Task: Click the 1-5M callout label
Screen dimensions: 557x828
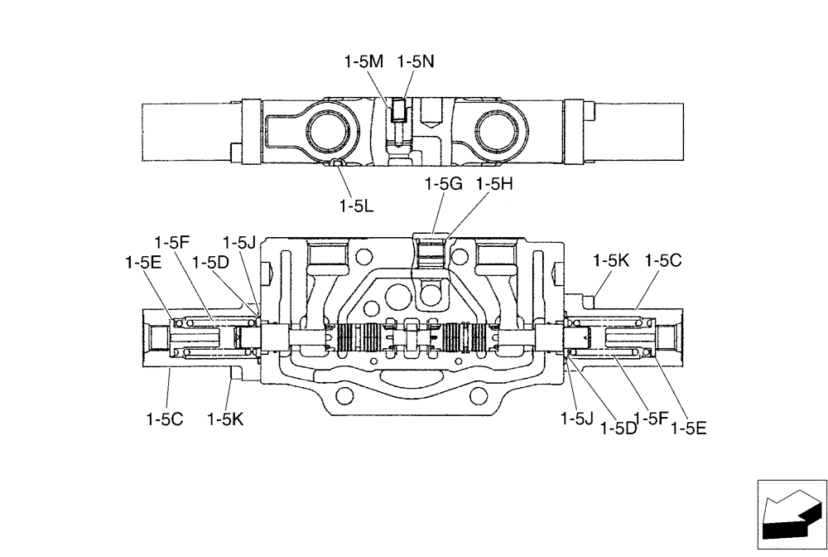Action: tap(363, 61)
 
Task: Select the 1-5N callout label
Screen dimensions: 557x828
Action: tap(416, 61)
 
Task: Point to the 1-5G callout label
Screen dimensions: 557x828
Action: tap(443, 184)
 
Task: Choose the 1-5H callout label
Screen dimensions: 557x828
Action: tap(494, 184)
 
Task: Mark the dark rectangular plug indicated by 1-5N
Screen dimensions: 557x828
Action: tap(400, 110)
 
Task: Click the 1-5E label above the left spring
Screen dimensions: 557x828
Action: tap(142, 262)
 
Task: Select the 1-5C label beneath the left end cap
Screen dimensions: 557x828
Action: tap(165, 419)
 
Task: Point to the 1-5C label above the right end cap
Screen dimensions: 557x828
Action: tap(663, 260)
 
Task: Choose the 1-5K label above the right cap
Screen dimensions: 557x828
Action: tap(611, 260)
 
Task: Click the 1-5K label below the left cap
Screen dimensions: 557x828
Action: tap(225, 419)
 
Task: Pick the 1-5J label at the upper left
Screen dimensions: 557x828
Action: tap(239, 243)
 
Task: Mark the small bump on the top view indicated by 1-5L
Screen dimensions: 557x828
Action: tap(337, 163)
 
